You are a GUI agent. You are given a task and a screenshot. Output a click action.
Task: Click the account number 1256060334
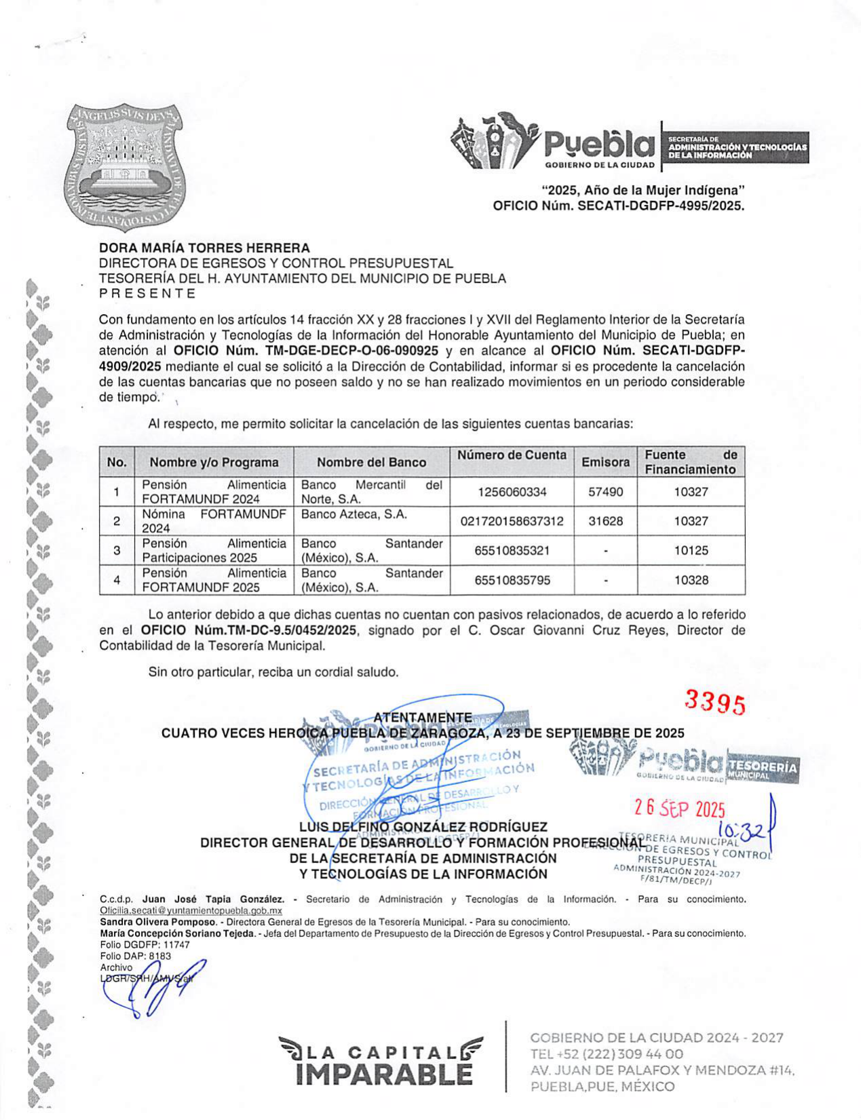pyautogui.click(x=512, y=492)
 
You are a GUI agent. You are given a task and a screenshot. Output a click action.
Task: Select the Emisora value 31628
pyautogui.click(x=605, y=521)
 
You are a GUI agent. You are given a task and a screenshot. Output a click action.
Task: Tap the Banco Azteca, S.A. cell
pyautogui.click(x=353, y=514)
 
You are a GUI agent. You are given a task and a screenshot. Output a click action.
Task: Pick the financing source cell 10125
pyautogui.click(x=691, y=550)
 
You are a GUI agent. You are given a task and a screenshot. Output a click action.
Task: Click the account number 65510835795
pyautogui.click(x=512, y=580)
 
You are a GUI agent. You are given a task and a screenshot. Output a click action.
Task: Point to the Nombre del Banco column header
pyautogui.click(x=371, y=462)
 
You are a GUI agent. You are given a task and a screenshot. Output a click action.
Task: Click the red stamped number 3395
pyautogui.click(x=715, y=703)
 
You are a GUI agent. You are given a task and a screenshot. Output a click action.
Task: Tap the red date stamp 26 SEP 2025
pyautogui.click(x=680, y=809)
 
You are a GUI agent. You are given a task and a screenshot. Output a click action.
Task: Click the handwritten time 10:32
pyautogui.click(x=742, y=830)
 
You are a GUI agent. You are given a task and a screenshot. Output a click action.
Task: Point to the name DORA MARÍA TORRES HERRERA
pyautogui.click(x=204, y=248)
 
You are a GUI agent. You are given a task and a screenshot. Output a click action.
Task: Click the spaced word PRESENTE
pyautogui.click(x=147, y=294)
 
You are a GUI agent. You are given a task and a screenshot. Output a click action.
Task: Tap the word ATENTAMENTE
pyautogui.click(x=423, y=718)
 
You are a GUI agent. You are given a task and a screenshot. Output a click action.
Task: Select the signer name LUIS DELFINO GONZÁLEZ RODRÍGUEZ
pyautogui.click(x=423, y=827)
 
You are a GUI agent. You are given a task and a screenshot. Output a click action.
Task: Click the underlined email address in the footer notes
pyautogui.click(x=191, y=910)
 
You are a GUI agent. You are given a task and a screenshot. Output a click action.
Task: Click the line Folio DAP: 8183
pyautogui.click(x=135, y=956)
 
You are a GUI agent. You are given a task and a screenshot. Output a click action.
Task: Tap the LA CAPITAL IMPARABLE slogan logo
pyautogui.click(x=380, y=1061)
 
